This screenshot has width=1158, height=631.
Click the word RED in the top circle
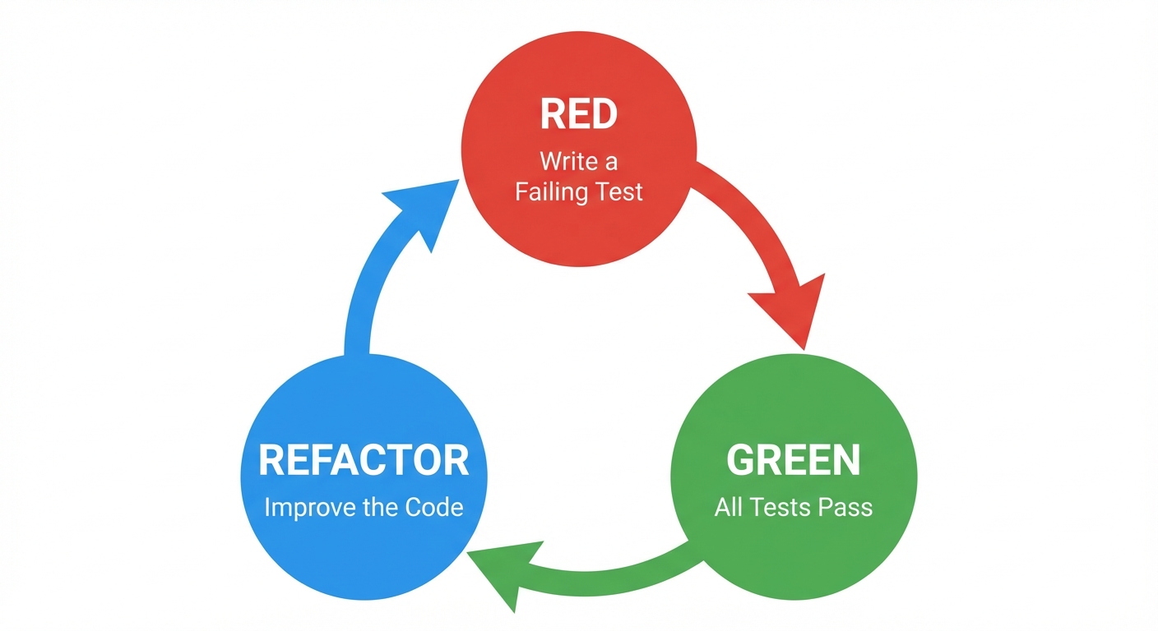[x=578, y=114]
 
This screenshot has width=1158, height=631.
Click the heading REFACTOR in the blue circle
[x=364, y=460]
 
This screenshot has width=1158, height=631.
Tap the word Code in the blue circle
[x=435, y=507]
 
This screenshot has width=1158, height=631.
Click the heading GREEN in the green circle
[x=793, y=460]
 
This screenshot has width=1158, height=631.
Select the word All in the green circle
[x=729, y=507]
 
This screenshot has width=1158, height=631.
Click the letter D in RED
[x=602, y=114]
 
